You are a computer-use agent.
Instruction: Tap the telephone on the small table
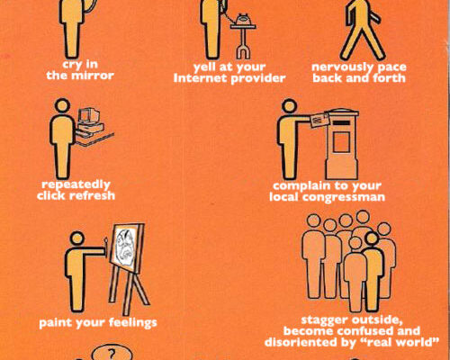click(243, 20)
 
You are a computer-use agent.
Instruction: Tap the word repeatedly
click(76, 185)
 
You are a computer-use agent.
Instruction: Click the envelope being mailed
click(319, 120)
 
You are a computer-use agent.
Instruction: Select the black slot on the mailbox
click(341, 123)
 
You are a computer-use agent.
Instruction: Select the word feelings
click(132, 323)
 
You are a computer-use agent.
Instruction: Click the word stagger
click(325, 320)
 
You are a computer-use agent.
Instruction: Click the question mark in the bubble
click(112, 354)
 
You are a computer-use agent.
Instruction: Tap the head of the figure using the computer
click(62, 106)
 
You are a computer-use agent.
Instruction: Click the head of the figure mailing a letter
click(290, 106)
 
